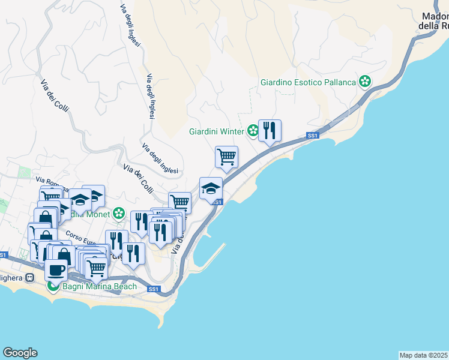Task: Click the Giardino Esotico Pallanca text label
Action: click(308, 82)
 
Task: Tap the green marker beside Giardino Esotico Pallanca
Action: click(364, 81)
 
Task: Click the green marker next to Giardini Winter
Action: click(253, 131)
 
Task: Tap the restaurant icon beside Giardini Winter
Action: click(270, 130)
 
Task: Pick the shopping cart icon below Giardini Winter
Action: click(226, 157)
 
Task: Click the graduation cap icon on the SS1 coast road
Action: click(211, 188)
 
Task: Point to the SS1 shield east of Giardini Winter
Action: click(312, 136)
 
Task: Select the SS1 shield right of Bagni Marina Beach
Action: click(154, 289)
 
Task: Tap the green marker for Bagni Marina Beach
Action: click(53, 286)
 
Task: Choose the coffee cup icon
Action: click(56, 269)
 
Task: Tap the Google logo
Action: click(20, 353)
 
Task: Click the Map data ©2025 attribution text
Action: click(423, 355)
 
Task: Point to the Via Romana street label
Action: click(49, 181)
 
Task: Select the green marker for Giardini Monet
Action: click(119, 214)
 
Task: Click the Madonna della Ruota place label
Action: click(434, 21)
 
